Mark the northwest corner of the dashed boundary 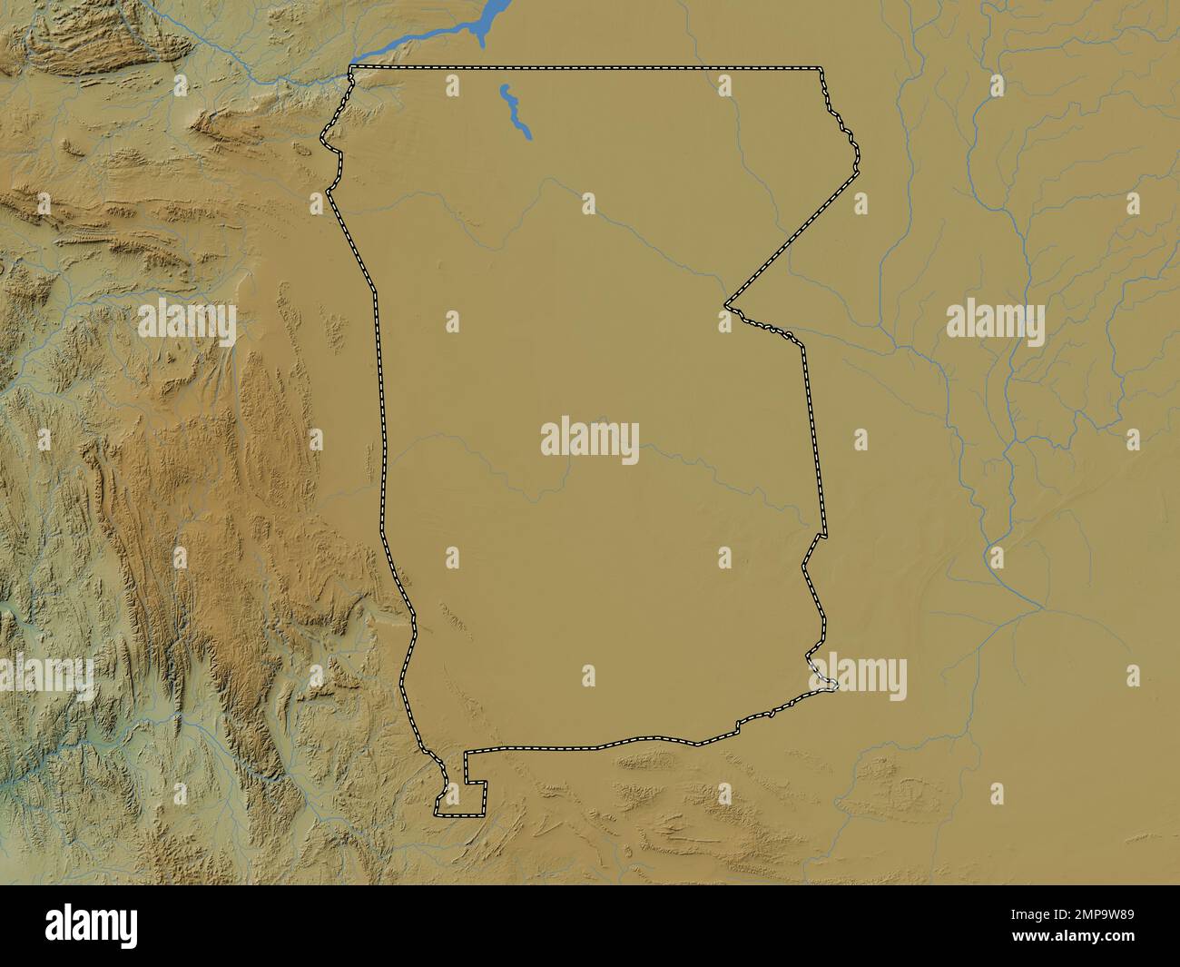[x=352, y=68]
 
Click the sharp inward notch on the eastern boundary [x=726, y=306]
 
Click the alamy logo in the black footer [x=94, y=924]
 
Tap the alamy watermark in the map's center [x=590, y=439]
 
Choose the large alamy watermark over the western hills [x=187, y=321]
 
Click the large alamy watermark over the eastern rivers [x=995, y=321]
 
